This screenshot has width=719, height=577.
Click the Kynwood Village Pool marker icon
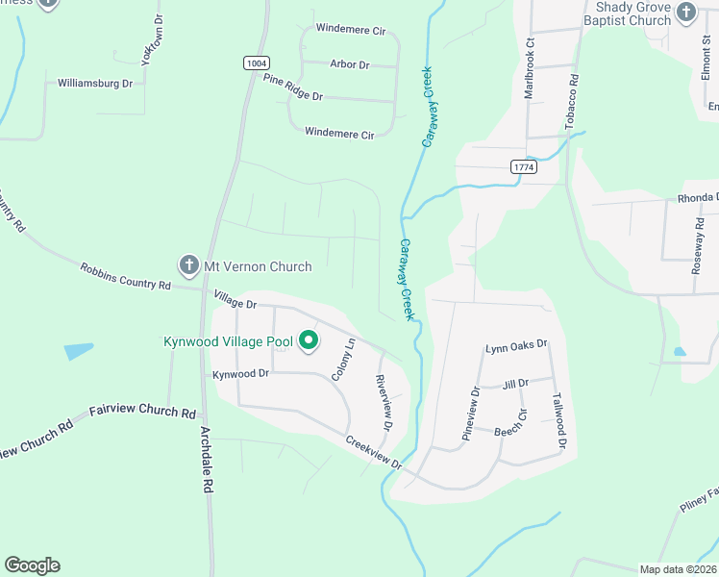(309, 340)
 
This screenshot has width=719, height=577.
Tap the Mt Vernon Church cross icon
(188, 264)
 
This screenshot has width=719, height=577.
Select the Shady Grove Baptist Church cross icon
(685, 13)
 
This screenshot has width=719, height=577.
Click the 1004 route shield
(255, 63)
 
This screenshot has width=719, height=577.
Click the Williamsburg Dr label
(95, 84)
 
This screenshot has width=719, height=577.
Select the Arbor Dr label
(349, 64)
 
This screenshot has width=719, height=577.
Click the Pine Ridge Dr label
(292, 88)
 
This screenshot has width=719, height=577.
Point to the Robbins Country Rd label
(125, 277)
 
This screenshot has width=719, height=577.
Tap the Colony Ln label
(343, 360)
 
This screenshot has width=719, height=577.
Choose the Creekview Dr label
(374, 452)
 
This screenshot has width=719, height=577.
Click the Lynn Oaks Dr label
(516, 345)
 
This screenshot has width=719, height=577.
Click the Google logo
(32, 565)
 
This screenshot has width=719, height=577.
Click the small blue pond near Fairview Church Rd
(79, 351)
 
